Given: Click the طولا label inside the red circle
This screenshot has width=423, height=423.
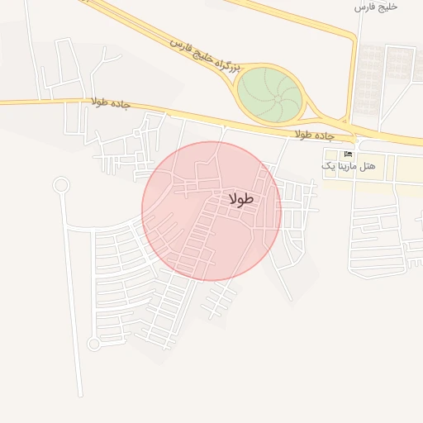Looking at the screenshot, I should tap(241, 199).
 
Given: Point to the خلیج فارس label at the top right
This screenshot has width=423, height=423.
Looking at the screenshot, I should tap(376, 7).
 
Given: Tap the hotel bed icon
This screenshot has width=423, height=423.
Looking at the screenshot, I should tap(348, 154).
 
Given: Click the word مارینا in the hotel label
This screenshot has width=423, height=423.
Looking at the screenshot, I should tap(349, 167).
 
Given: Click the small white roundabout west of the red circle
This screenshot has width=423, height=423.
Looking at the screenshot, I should tap(60, 185).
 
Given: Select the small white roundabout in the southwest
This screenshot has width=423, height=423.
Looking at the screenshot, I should tap(94, 344).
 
